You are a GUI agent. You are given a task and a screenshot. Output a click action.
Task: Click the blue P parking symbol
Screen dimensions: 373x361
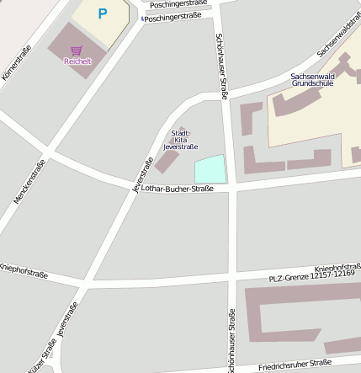(x=103, y=13)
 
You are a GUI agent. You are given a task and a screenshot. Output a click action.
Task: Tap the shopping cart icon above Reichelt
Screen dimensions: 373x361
(x=77, y=51)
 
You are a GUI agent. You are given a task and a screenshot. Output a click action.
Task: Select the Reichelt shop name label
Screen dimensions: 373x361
(x=77, y=61)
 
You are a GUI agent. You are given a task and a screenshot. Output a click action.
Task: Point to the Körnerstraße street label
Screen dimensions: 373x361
(x=17, y=62)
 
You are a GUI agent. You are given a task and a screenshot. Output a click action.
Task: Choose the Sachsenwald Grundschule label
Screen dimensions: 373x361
(x=313, y=80)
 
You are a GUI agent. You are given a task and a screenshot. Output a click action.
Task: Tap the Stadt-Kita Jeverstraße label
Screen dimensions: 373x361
(x=180, y=140)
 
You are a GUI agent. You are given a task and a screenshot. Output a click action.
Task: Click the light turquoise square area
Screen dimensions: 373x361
(x=210, y=169)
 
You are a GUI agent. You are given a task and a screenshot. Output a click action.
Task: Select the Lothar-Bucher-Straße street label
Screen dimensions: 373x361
(x=179, y=189)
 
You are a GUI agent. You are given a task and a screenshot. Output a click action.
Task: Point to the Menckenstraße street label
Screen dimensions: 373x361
(x=29, y=182)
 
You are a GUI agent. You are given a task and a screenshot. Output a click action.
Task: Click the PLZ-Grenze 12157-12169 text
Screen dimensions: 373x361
(x=311, y=274)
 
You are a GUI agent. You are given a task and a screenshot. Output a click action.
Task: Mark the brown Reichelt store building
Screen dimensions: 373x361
(x=77, y=51)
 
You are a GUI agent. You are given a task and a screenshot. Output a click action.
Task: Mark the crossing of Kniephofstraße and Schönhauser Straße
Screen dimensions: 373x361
(x=231, y=279)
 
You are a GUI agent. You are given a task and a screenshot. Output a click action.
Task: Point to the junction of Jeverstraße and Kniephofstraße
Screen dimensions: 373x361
(x=85, y=284)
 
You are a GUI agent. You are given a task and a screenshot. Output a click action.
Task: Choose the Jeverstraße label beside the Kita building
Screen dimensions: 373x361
(x=143, y=174)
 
